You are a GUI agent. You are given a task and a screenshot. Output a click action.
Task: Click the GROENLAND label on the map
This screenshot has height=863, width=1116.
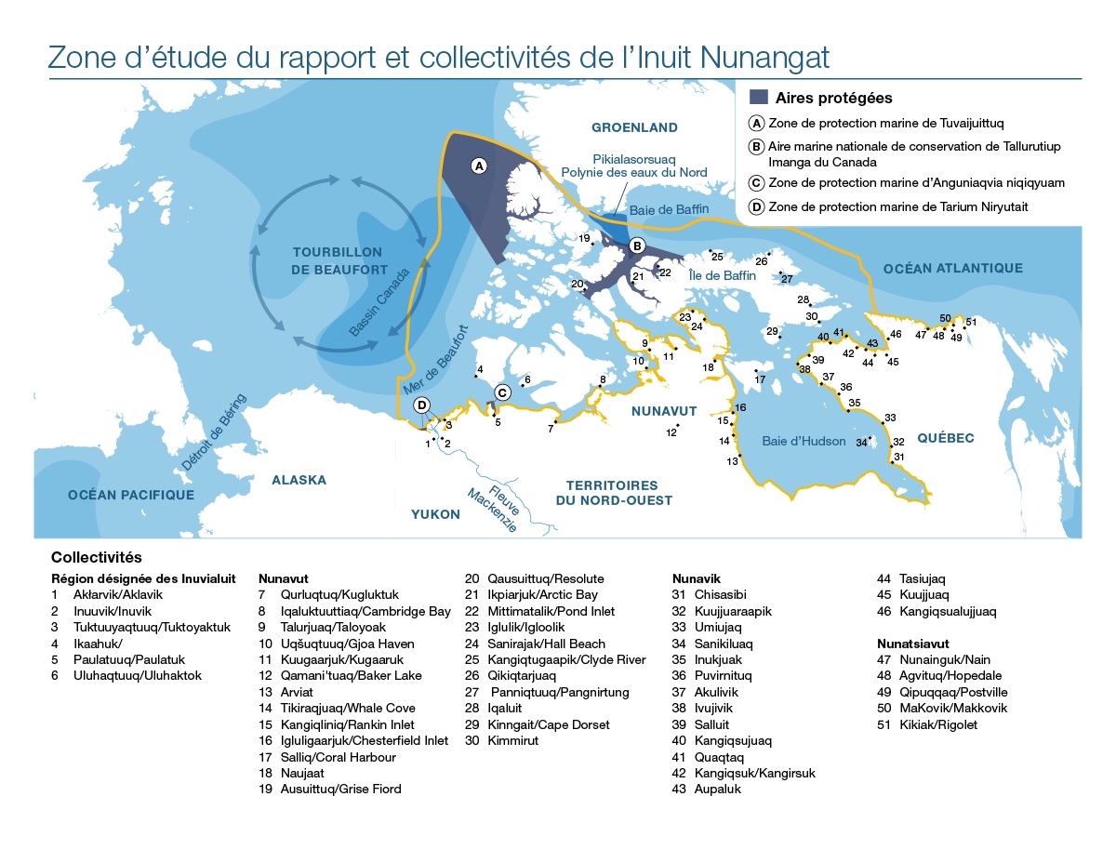pos(635,127)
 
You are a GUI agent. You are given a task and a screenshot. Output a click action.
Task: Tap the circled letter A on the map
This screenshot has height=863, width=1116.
pos(479,166)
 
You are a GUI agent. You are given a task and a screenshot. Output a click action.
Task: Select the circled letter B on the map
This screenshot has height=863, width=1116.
pos(637,246)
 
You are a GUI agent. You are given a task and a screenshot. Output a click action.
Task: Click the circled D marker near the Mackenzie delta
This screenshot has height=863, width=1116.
pos(422,405)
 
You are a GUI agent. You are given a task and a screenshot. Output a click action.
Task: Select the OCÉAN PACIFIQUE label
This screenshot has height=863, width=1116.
pos(131,495)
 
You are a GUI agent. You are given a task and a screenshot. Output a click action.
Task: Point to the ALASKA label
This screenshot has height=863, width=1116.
pos(299,480)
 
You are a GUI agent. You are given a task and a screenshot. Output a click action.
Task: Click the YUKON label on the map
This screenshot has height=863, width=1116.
pos(435,514)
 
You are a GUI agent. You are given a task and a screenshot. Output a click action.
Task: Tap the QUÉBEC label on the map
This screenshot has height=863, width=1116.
pos(945,438)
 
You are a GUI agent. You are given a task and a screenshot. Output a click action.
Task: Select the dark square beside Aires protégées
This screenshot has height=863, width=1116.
pos(759,97)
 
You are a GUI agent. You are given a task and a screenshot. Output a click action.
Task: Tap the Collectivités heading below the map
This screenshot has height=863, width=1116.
pos(97,557)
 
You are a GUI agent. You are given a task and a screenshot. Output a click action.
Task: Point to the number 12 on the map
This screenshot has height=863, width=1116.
pos(671,432)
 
